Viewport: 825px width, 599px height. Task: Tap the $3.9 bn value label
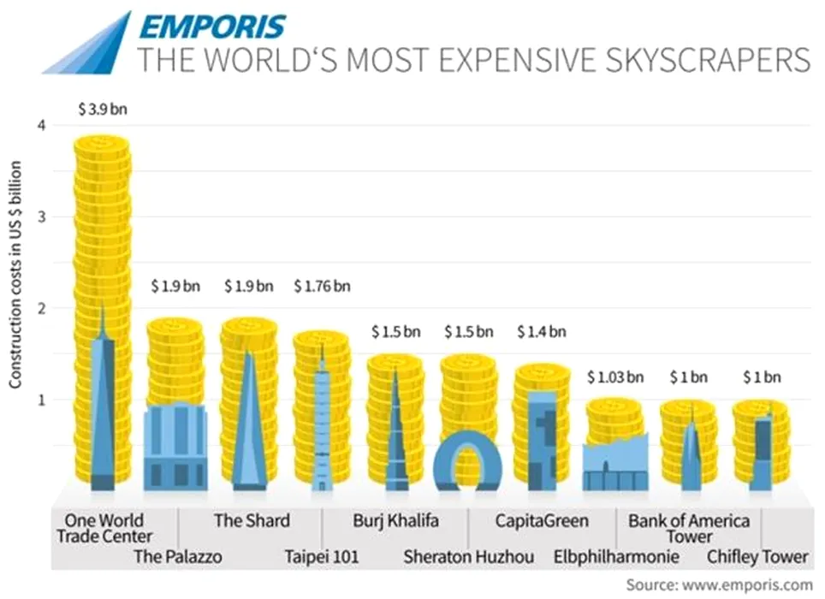pyautogui.click(x=102, y=110)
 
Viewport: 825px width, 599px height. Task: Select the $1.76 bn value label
pyautogui.click(x=322, y=286)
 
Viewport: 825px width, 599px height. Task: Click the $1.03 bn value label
pyautogui.click(x=614, y=377)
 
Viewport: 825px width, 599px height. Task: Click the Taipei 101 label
pyautogui.click(x=322, y=558)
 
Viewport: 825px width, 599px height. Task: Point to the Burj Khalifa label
pyautogui.click(x=395, y=520)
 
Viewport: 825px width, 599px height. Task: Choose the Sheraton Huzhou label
pyautogui.click(x=469, y=558)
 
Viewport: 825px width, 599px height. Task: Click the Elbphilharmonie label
pyautogui.click(x=616, y=558)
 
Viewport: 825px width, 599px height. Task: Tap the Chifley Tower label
pyautogui.click(x=757, y=558)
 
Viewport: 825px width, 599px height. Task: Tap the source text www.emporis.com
pyautogui.click(x=753, y=585)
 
